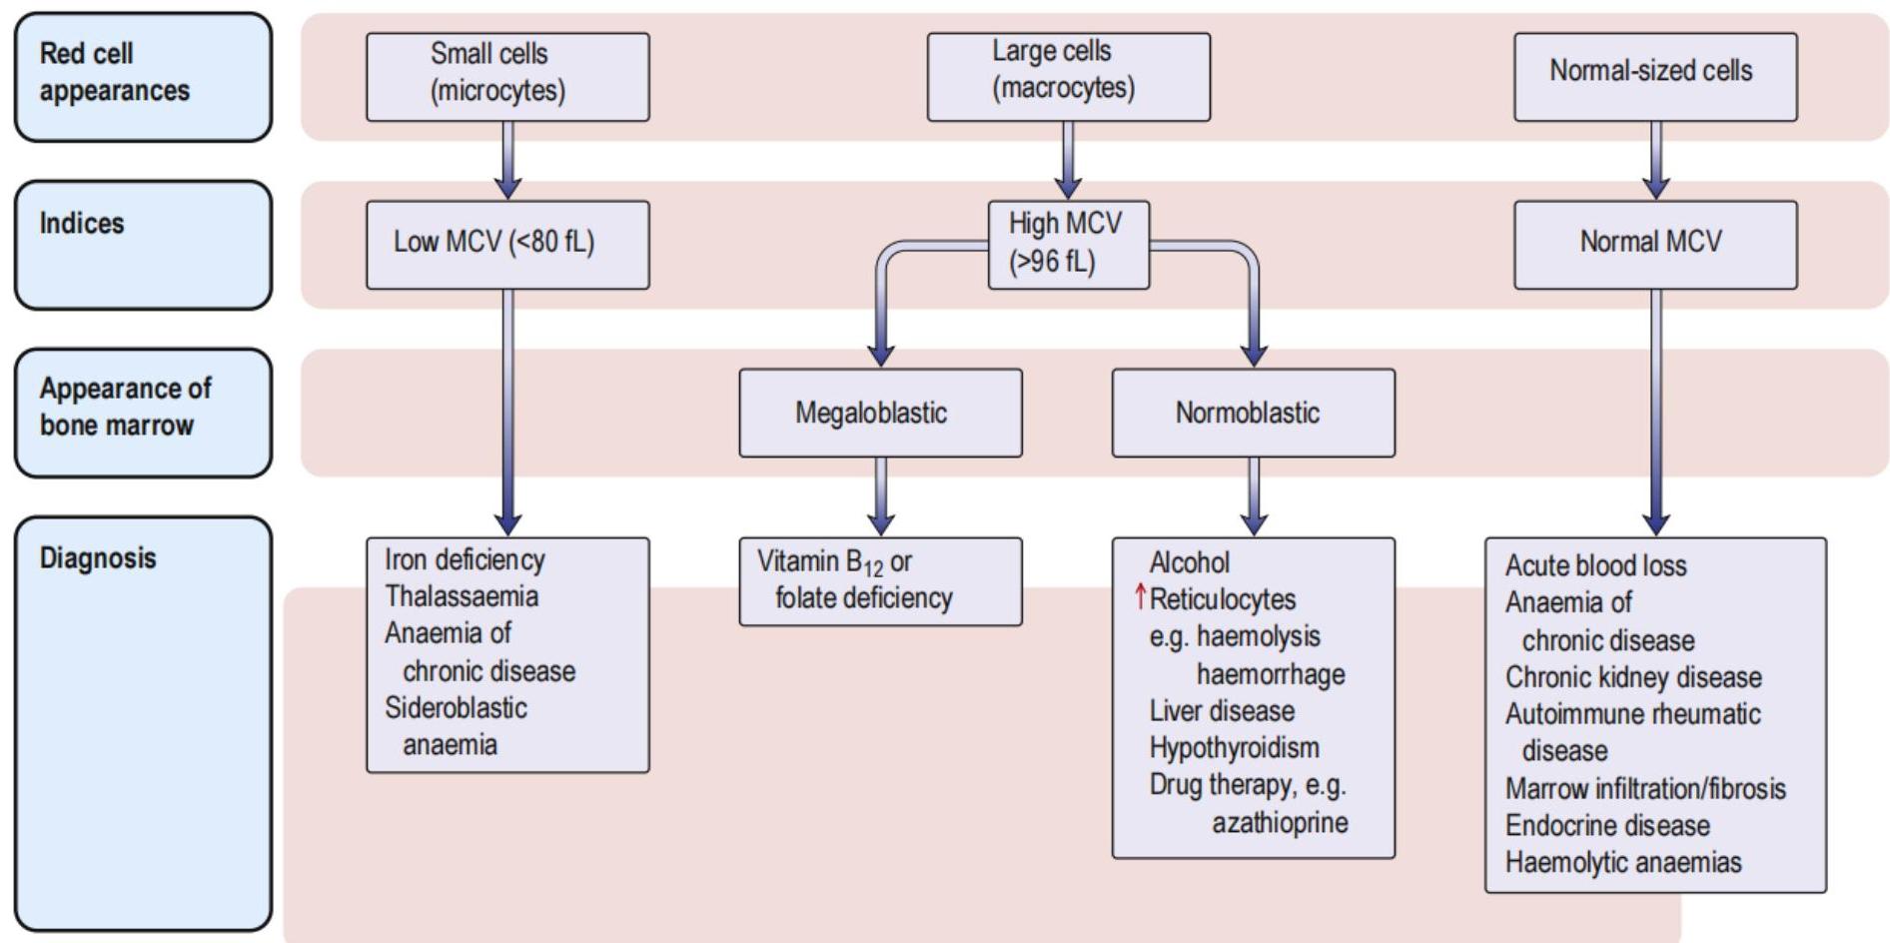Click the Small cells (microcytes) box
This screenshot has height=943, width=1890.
click(x=507, y=77)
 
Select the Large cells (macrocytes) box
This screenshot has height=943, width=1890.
click(x=1068, y=77)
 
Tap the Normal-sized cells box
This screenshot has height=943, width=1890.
click(x=1654, y=77)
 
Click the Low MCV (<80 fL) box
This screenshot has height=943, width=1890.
click(x=507, y=245)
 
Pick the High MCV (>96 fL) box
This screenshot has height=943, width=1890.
click(x=1068, y=245)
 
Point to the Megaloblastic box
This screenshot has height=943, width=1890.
click(x=880, y=413)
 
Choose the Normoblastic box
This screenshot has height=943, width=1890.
click(x=1253, y=413)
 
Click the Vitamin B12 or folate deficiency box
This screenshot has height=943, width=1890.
click(x=880, y=581)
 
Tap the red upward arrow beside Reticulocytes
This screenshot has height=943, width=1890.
click(x=1140, y=597)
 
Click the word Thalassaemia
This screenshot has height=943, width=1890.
click(x=462, y=596)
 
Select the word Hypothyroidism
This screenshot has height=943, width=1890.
click(x=1234, y=747)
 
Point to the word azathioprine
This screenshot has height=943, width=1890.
click(x=1280, y=822)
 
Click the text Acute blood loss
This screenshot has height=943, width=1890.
click(x=1595, y=565)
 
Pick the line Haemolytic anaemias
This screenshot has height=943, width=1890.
click(x=1623, y=862)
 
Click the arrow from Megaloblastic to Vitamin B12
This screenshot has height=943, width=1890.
click(x=880, y=495)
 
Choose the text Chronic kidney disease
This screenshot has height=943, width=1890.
click(x=1633, y=677)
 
